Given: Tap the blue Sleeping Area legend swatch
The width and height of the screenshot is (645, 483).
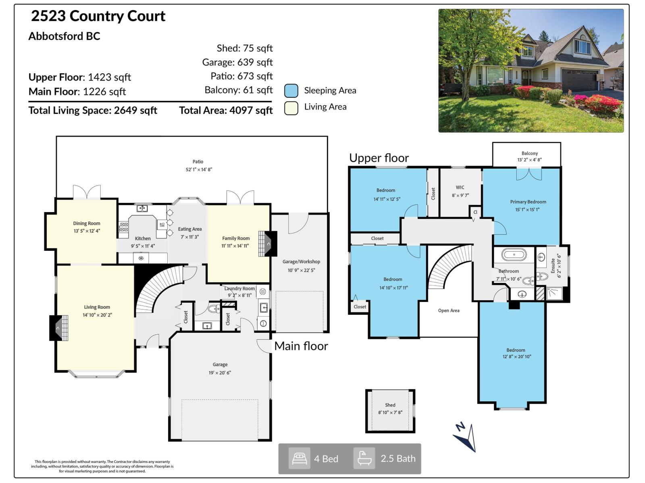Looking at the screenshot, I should (291, 91).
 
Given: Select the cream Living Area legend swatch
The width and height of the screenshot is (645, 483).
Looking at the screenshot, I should (291, 108).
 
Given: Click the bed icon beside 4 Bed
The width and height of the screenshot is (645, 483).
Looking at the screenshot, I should (299, 458).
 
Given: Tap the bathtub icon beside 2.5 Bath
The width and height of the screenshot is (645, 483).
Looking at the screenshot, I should (364, 458).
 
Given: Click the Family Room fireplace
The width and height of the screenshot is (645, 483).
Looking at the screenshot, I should (267, 244).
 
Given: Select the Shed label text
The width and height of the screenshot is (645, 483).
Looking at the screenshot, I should (390, 405).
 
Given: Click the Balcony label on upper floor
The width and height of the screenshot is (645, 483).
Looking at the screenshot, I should (529, 153).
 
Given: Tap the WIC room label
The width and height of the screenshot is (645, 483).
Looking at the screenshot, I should (460, 188).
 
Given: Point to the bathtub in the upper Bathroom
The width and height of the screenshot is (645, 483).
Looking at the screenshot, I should (514, 254).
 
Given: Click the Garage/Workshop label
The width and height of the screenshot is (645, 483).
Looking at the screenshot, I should (301, 262).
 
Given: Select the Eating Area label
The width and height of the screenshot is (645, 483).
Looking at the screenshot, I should (190, 229).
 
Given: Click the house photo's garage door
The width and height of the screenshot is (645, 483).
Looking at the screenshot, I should (579, 80).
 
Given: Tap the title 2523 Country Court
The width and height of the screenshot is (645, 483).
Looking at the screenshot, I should (98, 16).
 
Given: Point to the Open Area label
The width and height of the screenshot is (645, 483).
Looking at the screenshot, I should (449, 311).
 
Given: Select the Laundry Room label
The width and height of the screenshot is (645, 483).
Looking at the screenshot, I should (239, 289).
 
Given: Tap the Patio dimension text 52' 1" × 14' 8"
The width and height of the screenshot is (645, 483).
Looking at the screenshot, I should (199, 169).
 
